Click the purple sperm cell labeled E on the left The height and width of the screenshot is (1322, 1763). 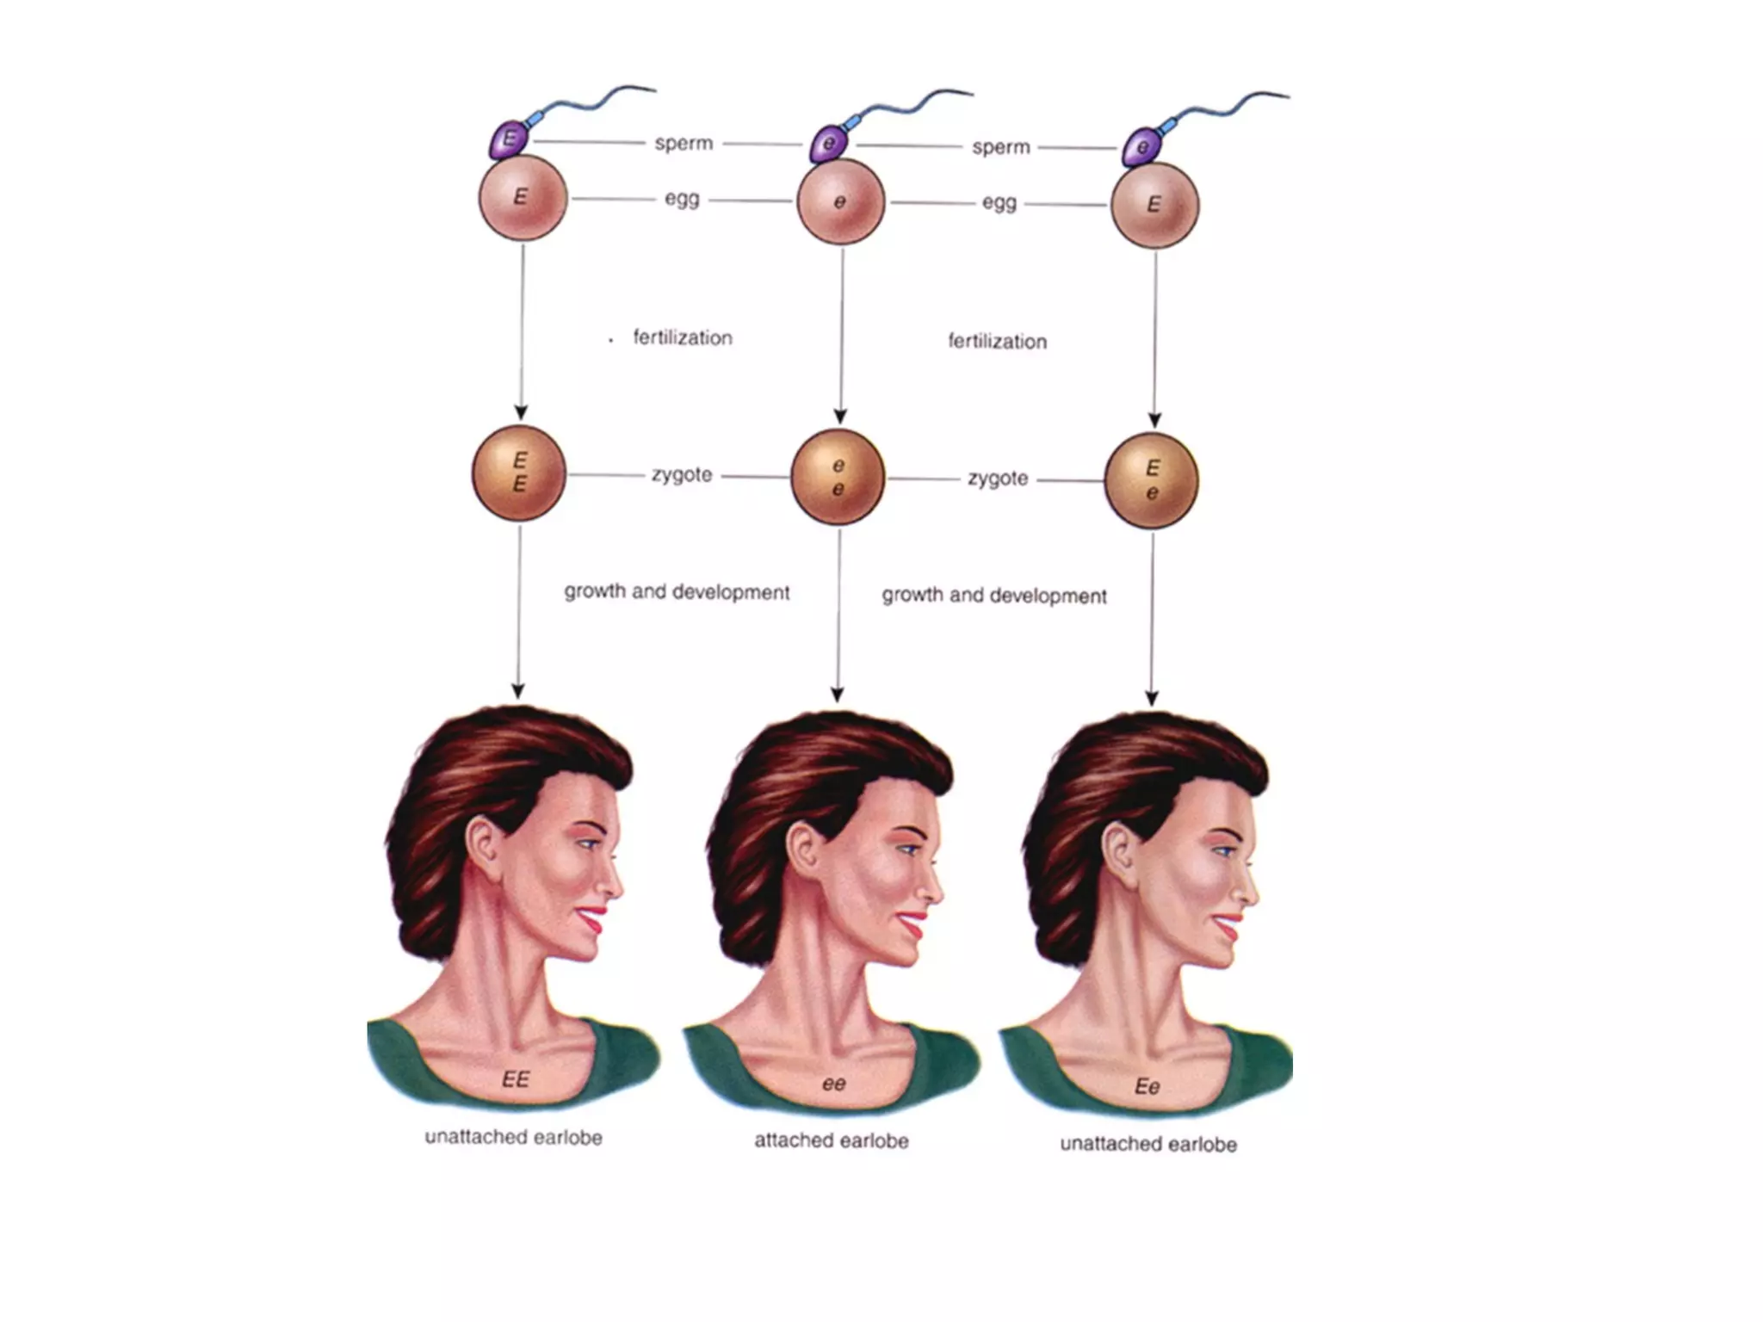pyautogui.click(x=509, y=139)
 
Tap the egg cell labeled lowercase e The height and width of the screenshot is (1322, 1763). pyautogui.click(x=840, y=202)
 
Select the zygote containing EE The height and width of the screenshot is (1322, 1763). pyautogui.click(x=519, y=473)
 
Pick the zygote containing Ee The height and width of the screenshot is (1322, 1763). pyautogui.click(x=1151, y=480)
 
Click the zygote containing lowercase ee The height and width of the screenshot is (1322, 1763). pyautogui.click(x=838, y=477)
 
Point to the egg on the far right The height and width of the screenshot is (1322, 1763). pyautogui.click(x=1154, y=205)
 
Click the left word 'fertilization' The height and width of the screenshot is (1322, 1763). pyautogui.click(x=683, y=337)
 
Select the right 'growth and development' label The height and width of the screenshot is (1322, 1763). pyautogui.click(x=994, y=596)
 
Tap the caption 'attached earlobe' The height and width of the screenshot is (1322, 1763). pyautogui.click(x=832, y=1140)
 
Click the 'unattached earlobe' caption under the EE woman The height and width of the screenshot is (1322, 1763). pyautogui.click(x=514, y=1137)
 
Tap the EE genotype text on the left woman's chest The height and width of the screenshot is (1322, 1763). pyautogui.click(x=516, y=1079)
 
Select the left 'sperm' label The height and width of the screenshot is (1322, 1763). pyautogui.click(x=684, y=143)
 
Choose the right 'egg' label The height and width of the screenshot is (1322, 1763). pyautogui.click(x=999, y=202)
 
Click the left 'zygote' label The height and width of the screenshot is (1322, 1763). pyautogui.click(x=682, y=474)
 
